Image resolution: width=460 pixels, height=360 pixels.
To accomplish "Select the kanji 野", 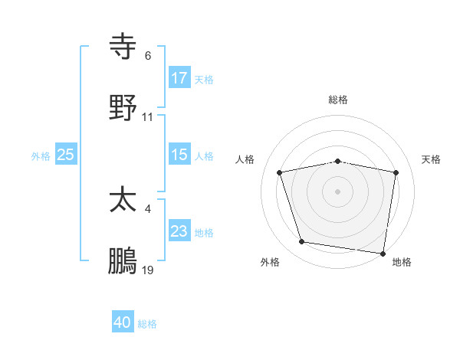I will pos(123,106).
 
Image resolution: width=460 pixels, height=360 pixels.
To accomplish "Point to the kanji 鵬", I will pos(123,260).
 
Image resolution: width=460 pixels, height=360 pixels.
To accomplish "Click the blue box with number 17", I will pos(179,77).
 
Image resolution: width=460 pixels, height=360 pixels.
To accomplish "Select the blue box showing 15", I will pos(179,155).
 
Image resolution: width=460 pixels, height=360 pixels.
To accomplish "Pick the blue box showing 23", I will pos(179,231).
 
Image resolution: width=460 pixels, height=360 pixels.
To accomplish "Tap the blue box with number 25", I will pos(66,155).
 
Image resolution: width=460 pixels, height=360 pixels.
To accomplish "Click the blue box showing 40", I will pos(123,322).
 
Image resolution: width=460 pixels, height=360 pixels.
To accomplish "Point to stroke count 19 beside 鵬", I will pos(148,270).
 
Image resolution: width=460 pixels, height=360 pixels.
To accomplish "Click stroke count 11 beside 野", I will pos(148,117).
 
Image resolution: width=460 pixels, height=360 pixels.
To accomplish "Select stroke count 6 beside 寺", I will pos(148,56).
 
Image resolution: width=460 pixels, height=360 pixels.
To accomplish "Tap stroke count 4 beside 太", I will pos(147,208).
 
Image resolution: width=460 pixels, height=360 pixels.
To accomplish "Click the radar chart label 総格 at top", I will pos(338,100).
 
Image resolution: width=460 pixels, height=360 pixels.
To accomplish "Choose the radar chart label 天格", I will pos(432,159).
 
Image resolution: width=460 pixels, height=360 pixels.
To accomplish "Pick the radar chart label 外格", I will pos(270,262).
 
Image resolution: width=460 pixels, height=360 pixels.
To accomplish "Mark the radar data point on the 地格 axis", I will pos(383,253).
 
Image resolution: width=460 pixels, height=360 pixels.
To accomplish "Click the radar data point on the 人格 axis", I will pos(280,172).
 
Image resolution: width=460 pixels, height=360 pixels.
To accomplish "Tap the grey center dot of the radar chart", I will pos(338,191).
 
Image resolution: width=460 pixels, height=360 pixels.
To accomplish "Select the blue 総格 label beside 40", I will pos(147,324).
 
